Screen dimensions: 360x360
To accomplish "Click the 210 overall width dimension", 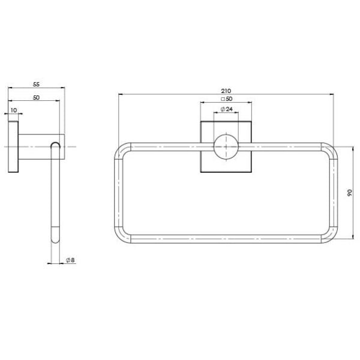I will pos(226,91).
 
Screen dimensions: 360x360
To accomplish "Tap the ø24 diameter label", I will pos(226,109).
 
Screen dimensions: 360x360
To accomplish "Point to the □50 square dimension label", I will pos(226,99).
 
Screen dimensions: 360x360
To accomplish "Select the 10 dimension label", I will pos(13,110).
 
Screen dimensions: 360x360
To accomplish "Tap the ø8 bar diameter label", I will pos(70,260).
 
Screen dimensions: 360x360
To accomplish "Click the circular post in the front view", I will pos(226,147).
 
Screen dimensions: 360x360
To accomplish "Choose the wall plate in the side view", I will pos(13,147).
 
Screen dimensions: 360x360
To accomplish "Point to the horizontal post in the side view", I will pos(36,147).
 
